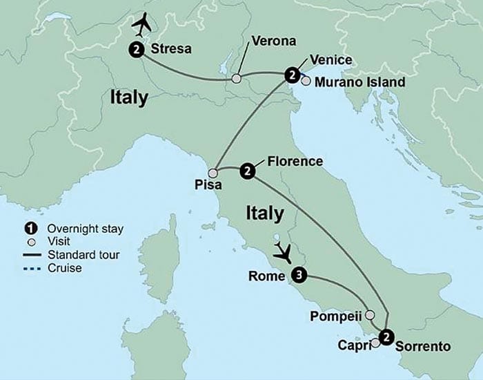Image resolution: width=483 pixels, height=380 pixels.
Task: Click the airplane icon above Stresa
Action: click(143, 24)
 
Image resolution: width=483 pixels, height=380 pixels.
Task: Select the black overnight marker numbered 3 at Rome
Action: click(298, 276)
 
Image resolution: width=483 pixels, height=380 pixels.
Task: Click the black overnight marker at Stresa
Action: click(137, 49)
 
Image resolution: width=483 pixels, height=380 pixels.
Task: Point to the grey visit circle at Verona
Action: click(237, 79)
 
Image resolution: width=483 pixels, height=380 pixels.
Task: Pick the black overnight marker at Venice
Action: click(293, 74)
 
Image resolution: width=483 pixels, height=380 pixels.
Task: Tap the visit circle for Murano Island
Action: click(306, 82)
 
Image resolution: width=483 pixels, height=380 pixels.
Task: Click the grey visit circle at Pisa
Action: click(214, 172)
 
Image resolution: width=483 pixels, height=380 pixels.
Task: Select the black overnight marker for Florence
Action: click(246, 171)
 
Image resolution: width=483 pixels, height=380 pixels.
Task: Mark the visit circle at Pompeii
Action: click(370, 315)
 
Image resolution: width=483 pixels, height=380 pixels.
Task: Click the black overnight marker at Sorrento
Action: click(387, 336)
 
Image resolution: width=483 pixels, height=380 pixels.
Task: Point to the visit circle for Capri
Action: click(375, 343)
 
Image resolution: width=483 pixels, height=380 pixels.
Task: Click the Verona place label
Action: click(274, 41)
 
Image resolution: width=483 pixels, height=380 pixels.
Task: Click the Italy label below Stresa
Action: click(129, 98)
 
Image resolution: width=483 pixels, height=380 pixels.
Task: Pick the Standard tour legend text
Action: click(83, 255)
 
